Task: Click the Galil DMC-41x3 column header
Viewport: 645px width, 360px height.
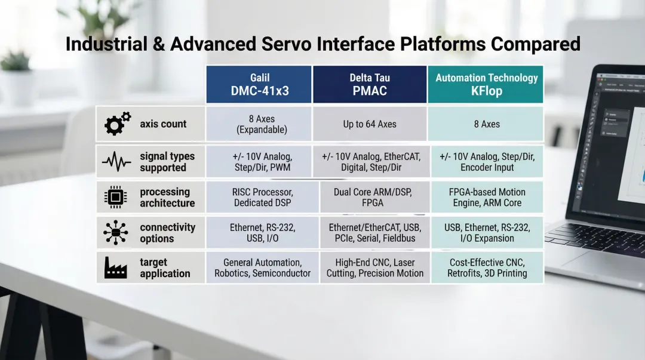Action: [259, 84]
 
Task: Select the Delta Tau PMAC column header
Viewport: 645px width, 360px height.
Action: [369, 84]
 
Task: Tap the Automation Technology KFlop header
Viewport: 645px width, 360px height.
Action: [486, 84]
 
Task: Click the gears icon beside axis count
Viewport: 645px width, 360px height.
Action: [117, 124]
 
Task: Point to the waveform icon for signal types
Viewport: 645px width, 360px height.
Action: [116, 162]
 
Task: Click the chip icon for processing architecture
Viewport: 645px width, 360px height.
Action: [116, 197]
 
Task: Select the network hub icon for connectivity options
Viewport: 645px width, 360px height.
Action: [116, 232]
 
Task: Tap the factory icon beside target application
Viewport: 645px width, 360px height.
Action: [116, 267]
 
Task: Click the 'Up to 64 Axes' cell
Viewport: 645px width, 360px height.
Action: [369, 124]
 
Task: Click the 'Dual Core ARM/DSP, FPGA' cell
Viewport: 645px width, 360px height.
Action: [372, 198]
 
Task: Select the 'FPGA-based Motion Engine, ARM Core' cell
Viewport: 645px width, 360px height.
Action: [487, 198]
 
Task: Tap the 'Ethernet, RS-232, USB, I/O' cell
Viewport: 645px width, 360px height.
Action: [262, 233]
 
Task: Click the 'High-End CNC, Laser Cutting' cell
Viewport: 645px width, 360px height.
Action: [374, 268]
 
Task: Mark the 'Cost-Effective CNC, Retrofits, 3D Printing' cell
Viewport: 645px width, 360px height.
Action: [487, 268]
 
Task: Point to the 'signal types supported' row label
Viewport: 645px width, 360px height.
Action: [167, 162]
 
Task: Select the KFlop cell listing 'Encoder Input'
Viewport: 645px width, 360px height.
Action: [487, 162]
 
